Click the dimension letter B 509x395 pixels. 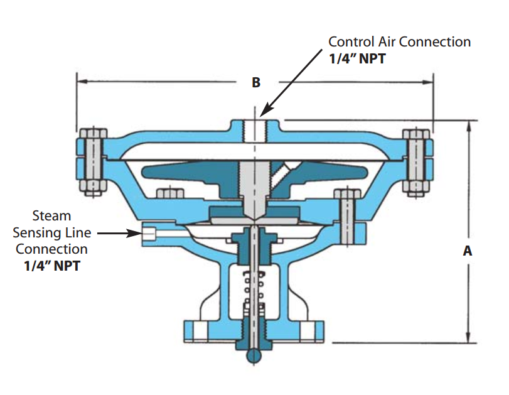point(256,82)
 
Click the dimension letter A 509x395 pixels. point(467,251)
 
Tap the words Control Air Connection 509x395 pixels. point(400,42)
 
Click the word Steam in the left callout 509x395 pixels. point(53,216)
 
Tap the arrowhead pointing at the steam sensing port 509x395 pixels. point(136,233)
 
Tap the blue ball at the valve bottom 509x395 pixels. point(253,355)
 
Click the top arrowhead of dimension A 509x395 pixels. point(468,126)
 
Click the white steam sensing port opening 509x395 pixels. point(149,233)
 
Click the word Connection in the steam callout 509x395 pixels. point(52,249)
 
